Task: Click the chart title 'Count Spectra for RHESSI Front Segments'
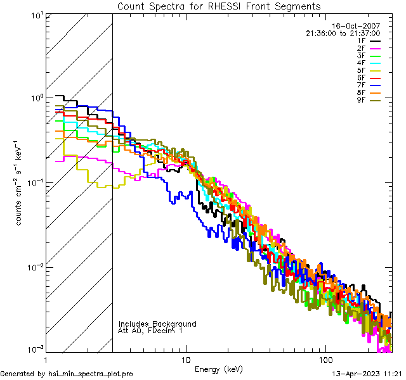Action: (219, 6)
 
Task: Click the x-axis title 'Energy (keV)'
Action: (219, 369)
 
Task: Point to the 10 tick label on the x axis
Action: (185, 358)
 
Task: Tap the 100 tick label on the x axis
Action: (325, 358)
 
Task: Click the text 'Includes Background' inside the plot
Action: (157, 324)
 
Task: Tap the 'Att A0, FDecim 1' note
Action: (150, 331)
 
